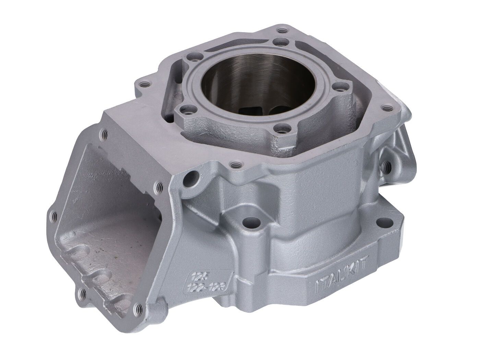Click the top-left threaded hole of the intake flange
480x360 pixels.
click(103, 132)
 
